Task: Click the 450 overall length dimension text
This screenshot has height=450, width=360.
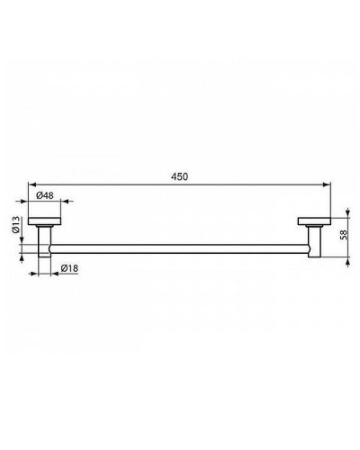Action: click(x=180, y=178)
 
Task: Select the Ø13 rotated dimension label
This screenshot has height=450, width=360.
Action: click(x=17, y=225)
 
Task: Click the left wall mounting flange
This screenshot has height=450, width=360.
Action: click(x=43, y=221)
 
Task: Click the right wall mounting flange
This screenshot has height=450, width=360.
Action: click(x=312, y=221)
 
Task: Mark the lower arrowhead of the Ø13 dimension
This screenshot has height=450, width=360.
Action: click(x=24, y=255)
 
